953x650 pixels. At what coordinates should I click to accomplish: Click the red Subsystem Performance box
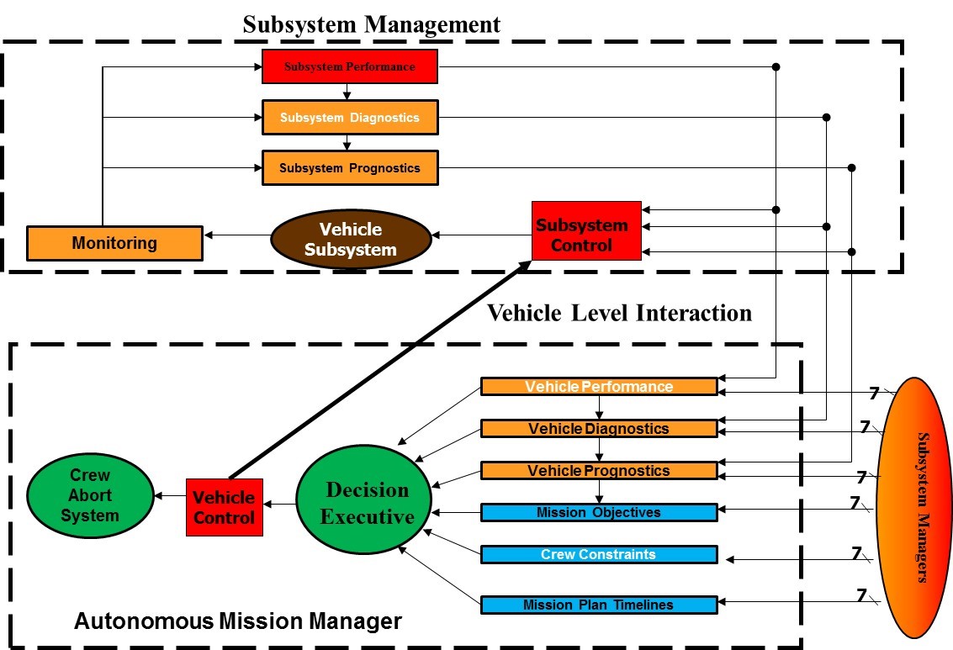coord(350,66)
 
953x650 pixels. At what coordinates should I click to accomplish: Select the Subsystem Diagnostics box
coord(350,118)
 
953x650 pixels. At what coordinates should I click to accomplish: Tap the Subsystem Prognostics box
coord(350,168)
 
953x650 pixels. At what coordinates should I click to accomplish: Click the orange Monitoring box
coord(114,243)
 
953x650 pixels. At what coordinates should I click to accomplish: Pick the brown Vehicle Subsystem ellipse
coord(350,239)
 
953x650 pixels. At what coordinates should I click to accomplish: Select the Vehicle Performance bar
coord(599,387)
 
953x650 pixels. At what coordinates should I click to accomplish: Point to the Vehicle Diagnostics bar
coord(599,429)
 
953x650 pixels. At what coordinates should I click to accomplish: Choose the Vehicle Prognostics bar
coord(599,471)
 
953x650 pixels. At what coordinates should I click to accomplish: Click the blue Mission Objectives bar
coord(599,512)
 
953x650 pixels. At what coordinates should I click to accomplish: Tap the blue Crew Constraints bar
coord(599,555)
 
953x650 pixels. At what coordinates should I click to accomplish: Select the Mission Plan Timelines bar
coord(599,605)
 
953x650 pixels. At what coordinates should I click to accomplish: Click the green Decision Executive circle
coord(365,503)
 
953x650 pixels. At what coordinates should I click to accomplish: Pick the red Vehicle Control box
coord(225,507)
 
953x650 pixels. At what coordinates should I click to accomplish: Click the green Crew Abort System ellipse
coord(90,494)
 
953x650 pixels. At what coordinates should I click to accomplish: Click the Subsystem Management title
coord(371,24)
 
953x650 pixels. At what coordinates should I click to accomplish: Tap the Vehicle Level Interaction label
coord(619,313)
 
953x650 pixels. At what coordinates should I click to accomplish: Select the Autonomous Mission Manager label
coord(238,622)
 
